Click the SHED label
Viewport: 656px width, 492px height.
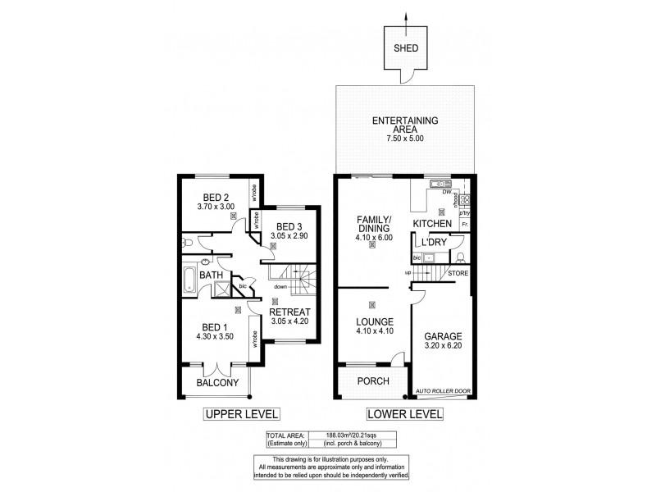(408, 48)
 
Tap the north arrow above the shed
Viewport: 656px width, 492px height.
(408, 18)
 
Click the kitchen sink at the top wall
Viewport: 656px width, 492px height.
(441, 183)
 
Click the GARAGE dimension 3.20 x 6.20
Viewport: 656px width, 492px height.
(443, 347)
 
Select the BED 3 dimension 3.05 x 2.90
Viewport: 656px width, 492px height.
(290, 237)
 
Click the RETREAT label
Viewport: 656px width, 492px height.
(291, 312)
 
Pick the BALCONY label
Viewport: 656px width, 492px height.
(217, 383)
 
